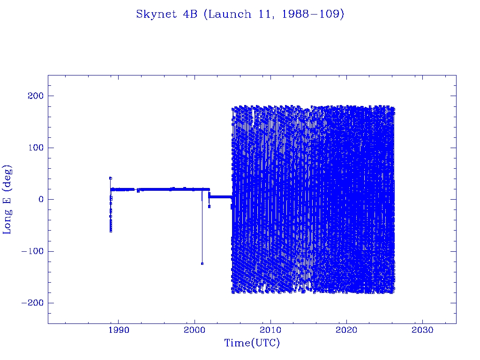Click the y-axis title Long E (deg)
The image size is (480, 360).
7,199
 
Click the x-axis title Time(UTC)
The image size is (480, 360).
252,343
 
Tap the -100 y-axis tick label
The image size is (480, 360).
31,251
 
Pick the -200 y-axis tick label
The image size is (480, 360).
31,303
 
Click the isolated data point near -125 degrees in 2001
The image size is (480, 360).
202,263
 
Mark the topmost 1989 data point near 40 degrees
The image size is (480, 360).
110,178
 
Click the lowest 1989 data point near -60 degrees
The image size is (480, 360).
111,231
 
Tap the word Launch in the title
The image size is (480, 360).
223,15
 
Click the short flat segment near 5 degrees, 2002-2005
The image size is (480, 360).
220,197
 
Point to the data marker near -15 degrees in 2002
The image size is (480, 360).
209,206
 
